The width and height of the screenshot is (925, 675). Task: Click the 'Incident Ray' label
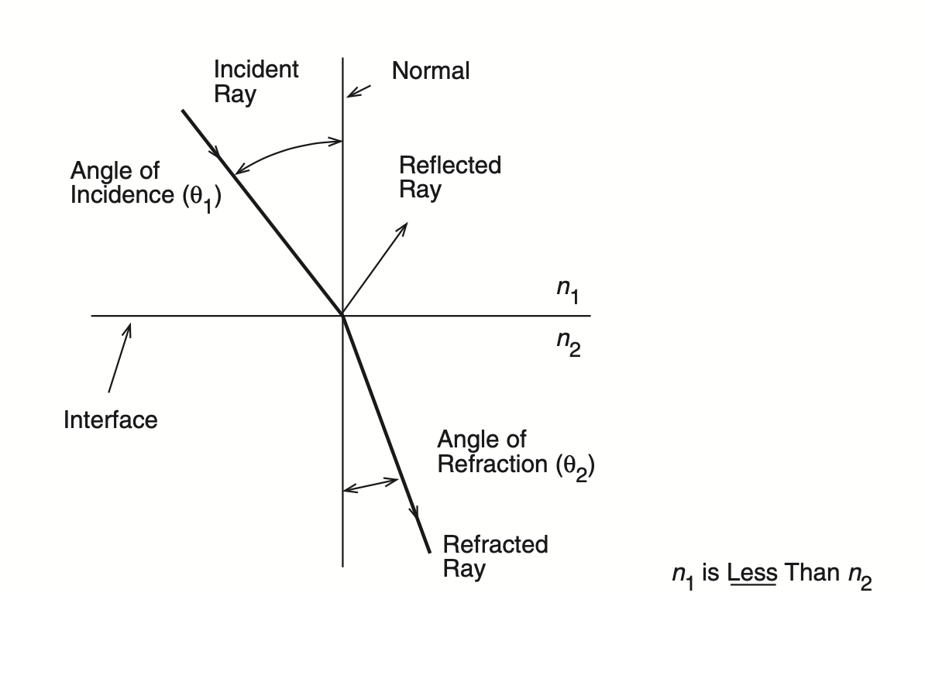point(256,82)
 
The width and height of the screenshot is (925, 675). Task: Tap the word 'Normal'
point(431,70)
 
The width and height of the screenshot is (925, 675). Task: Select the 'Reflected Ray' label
point(450,177)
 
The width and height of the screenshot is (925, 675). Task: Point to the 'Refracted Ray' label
point(496,557)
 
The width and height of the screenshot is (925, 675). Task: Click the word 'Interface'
point(110,420)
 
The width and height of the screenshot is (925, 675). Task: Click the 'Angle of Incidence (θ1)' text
point(146,185)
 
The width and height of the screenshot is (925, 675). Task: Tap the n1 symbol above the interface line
point(568,290)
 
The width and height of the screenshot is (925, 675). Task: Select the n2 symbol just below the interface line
point(569,343)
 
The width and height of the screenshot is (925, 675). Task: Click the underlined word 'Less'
point(752,572)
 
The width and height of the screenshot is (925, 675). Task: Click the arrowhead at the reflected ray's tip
point(403,228)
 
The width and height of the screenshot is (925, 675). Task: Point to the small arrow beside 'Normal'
point(359,91)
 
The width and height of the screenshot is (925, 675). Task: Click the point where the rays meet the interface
point(342,315)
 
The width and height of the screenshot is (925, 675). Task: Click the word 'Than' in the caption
point(813,572)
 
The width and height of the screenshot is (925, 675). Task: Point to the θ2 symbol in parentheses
point(576,467)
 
